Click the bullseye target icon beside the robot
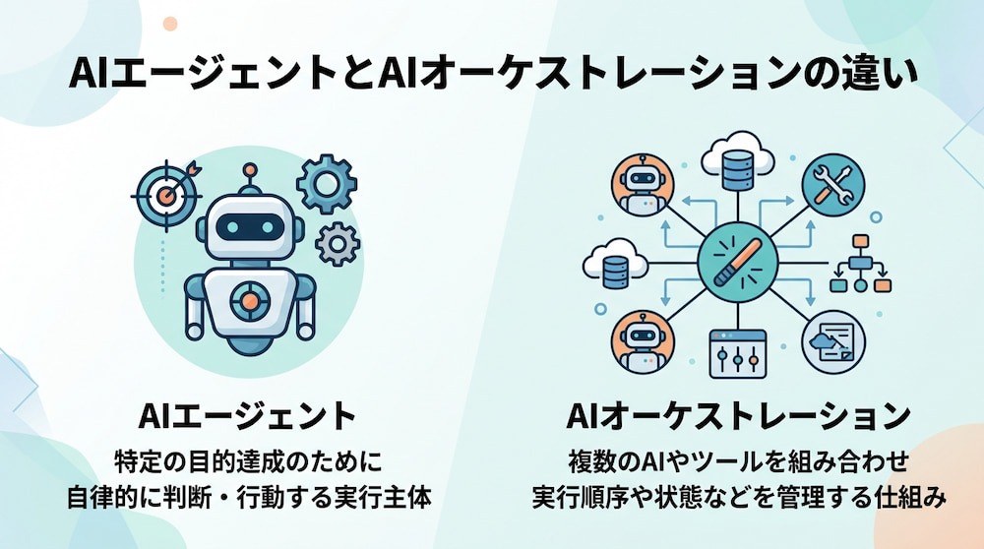click(166, 195)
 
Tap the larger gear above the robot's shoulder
click(327, 184)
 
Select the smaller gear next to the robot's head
click(338, 244)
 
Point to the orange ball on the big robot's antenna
click(250, 169)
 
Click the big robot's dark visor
click(250, 227)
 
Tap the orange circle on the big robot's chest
click(250, 302)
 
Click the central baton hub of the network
click(738, 263)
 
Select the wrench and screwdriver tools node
click(832, 185)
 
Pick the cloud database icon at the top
click(737, 162)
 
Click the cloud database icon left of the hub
click(615, 264)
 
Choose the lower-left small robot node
click(642, 342)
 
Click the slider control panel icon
click(738, 354)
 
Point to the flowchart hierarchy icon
click(860, 264)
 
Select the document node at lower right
click(833, 342)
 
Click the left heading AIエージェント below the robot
click(247, 415)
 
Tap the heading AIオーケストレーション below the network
click(739, 415)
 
